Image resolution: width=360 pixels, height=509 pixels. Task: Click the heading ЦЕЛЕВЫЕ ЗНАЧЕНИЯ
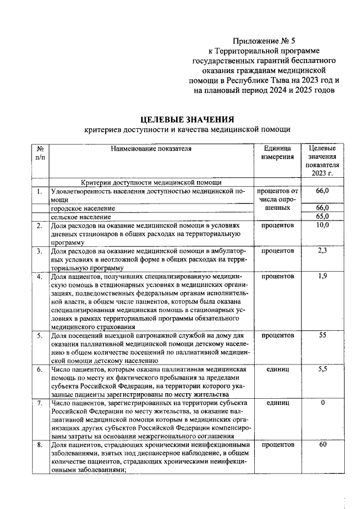coord(186,119)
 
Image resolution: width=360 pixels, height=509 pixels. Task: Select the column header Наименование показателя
coord(151,149)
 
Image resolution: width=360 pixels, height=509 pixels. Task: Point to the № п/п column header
coord(40,153)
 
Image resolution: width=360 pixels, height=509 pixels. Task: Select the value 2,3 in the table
coord(322,251)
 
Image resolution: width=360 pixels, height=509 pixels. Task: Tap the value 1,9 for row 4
coord(322,276)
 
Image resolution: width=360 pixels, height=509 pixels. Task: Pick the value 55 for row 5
coord(322,335)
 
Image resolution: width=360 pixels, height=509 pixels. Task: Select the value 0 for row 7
coord(322,403)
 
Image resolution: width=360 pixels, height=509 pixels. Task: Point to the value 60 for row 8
coord(322,445)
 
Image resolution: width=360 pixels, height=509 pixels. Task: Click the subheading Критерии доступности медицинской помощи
coord(151,182)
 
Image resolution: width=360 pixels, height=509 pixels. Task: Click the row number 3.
coord(39,251)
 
